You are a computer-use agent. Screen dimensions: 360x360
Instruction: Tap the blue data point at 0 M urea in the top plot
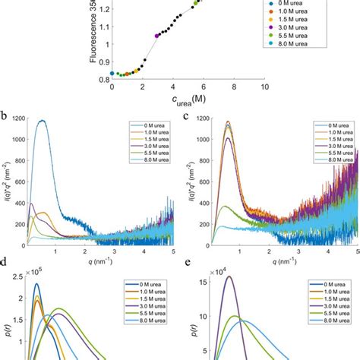(x=112, y=74)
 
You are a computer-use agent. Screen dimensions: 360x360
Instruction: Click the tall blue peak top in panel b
(x=42, y=121)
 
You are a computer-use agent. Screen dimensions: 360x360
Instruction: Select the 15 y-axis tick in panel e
(x=202, y=281)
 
